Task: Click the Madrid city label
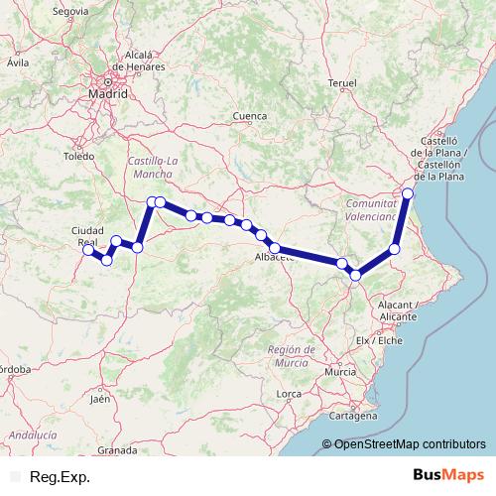(108, 93)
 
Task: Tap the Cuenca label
(250, 116)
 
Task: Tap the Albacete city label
(276, 258)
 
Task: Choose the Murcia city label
(339, 371)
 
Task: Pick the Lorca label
(289, 394)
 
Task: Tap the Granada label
(117, 449)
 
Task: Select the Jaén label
(99, 399)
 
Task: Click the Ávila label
(17, 62)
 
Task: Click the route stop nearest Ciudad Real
(88, 250)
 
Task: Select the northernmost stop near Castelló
(408, 192)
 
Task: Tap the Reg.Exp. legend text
(61, 477)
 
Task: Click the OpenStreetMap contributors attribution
(408, 443)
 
